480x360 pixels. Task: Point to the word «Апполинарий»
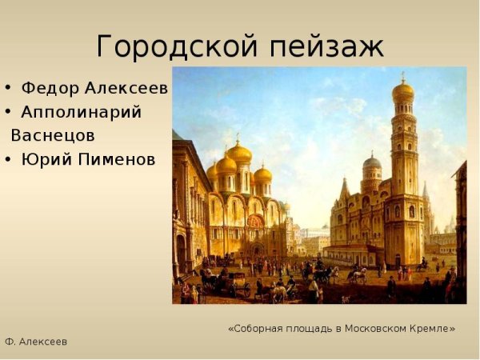pos(82,112)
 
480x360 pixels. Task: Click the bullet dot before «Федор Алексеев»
pos(8,88)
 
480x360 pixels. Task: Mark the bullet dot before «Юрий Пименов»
pos(8,160)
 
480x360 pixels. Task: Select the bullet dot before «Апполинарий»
pos(8,113)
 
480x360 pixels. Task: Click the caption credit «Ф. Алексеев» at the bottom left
pos(36,342)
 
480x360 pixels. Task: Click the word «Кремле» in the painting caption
pos(432,328)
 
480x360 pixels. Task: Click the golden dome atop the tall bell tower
pos(402,90)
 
